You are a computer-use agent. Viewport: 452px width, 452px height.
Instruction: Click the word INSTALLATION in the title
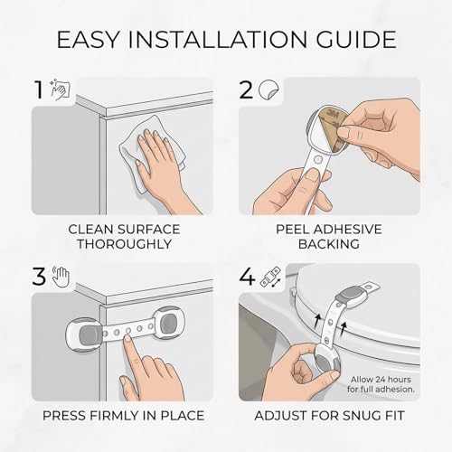point(217,40)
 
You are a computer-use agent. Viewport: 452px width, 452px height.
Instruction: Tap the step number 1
point(39,89)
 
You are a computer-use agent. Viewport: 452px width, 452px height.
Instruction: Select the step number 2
point(246,89)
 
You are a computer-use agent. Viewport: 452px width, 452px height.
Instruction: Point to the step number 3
point(39,277)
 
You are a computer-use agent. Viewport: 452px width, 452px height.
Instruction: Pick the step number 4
point(247,277)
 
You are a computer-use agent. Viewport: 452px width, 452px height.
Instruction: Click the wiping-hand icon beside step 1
point(61,89)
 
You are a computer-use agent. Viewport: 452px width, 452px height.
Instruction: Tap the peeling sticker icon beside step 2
point(269,89)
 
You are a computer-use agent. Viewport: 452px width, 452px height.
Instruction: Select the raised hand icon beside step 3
point(61,277)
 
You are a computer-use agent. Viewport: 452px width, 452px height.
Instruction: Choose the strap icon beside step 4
point(270,277)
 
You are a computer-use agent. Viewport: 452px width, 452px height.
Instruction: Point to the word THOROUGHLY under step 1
point(125,244)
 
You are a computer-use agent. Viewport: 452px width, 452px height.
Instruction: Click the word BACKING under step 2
point(329,244)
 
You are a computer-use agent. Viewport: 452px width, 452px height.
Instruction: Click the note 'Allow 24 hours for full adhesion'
point(381,384)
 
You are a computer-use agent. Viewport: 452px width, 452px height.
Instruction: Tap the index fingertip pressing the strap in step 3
point(128,338)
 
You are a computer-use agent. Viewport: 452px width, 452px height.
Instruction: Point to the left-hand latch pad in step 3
point(85,334)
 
